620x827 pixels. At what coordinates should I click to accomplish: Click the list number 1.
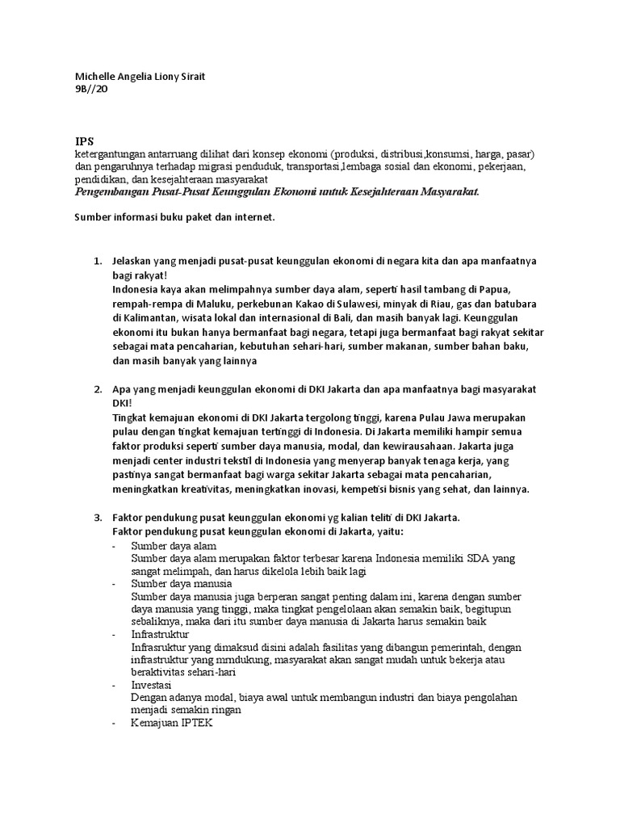click(x=97, y=262)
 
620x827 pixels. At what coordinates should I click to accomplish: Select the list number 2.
click(x=97, y=389)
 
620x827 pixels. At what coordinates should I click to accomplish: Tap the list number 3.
click(x=97, y=517)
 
